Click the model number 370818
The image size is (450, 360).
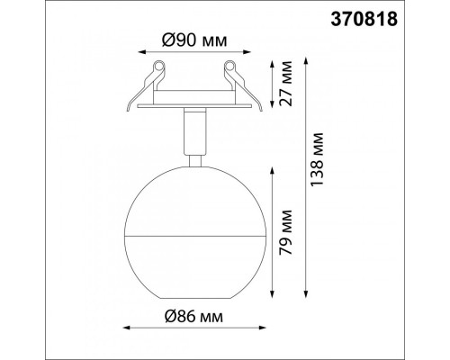point(364,20)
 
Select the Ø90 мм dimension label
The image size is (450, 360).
point(194,40)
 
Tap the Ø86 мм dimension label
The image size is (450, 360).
point(194,316)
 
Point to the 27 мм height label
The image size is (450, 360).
point(285,84)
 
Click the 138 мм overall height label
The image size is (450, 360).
point(317,159)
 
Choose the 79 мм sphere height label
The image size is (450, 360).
point(285,232)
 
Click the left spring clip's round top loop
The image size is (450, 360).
point(159,66)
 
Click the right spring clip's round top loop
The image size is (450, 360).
point(229,66)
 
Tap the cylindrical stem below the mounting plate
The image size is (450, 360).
point(195,131)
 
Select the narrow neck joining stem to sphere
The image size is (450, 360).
point(195,160)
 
